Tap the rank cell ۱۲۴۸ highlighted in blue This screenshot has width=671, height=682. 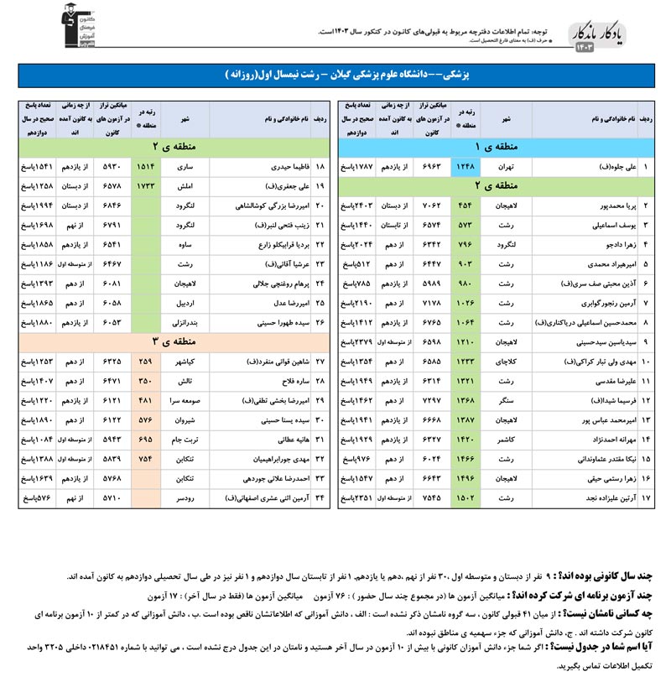[466, 168]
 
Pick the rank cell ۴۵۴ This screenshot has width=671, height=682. [466, 206]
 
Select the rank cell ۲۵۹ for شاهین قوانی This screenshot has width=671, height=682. [144, 362]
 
